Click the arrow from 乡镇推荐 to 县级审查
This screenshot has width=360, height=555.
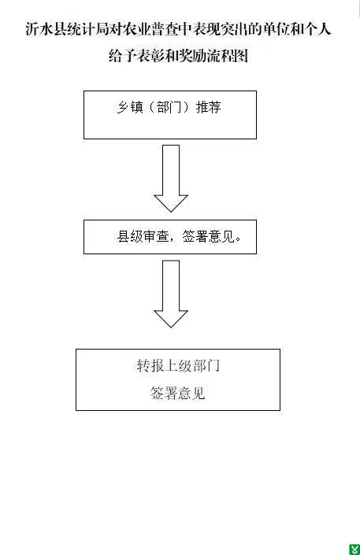[x=171, y=179]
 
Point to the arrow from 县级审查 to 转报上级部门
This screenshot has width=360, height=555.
[x=171, y=294]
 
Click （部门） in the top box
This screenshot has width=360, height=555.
[x=169, y=107]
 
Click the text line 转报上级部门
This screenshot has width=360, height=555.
[x=178, y=366]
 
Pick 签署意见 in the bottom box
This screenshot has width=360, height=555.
[x=178, y=394]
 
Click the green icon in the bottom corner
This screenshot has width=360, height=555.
[x=354, y=549]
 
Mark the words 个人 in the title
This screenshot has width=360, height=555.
[x=317, y=29]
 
